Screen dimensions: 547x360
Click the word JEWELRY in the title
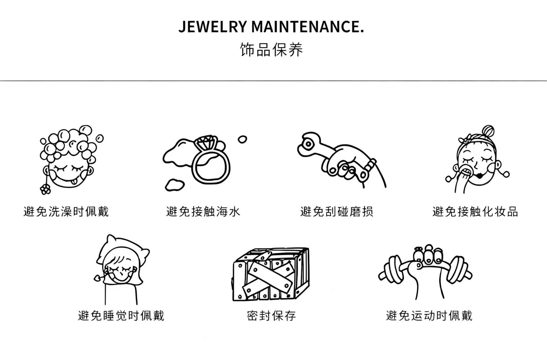pos(212,27)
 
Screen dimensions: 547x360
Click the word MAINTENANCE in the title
pos(306,27)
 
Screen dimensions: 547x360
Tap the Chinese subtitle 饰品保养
pos(271,50)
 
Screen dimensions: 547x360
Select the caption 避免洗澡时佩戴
pos(66,211)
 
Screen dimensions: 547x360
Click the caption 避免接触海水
pos(203,211)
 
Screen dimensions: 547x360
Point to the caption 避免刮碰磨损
pos(337,211)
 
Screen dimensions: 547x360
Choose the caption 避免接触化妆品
pos(475,211)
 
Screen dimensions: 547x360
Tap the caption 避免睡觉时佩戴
pos(121,316)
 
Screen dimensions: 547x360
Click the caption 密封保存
pos(272,316)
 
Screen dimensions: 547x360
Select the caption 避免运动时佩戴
pos(429,316)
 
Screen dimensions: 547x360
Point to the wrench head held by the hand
pos(309,144)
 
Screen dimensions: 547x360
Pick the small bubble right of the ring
pos(242,139)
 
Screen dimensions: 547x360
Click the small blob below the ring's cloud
pos(174,185)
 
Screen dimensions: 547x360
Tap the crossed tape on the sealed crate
pos(270,276)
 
